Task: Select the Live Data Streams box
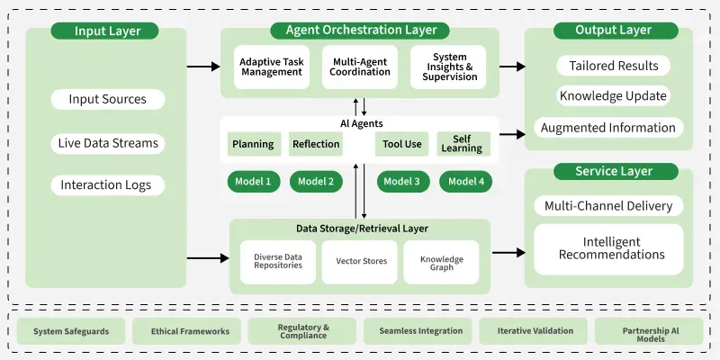(108, 143)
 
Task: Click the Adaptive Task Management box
(271, 67)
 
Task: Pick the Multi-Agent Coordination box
(359, 67)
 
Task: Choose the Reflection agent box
(316, 144)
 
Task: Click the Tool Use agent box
(401, 144)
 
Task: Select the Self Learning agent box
(463, 144)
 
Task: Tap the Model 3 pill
(401, 182)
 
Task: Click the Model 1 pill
(253, 182)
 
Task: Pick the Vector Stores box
(360, 262)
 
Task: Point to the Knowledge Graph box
(441, 262)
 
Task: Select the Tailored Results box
(608, 66)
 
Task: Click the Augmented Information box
(608, 128)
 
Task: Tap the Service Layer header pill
(614, 171)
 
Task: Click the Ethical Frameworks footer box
(187, 331)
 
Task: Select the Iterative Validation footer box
(535, 331)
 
